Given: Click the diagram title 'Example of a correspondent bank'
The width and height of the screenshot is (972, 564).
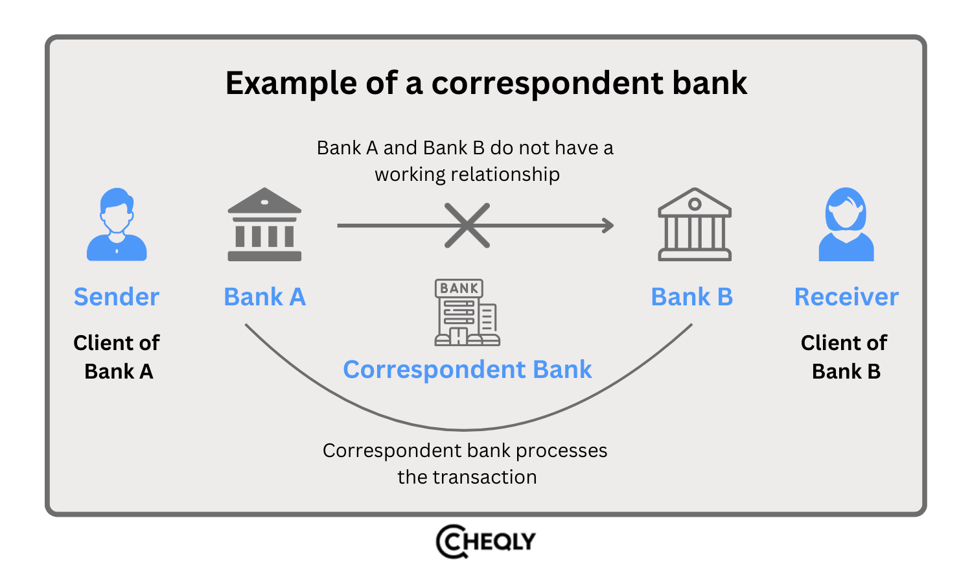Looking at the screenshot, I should (x=486, y=84).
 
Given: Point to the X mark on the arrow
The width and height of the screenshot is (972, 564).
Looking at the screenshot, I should (x=467, y=226).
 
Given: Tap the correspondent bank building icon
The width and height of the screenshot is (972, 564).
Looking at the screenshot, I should (x=467, y=312).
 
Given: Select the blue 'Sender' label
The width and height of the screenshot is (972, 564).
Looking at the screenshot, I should (x=117, y=297).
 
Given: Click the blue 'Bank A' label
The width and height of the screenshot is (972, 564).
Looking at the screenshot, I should (x=264, y=297).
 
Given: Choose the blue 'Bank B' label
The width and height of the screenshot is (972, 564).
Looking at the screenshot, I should (x=691, y=297).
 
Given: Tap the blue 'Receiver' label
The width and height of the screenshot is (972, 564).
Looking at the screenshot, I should (x=846, y=297).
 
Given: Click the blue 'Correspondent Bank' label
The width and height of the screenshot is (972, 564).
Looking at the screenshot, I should (x=467, y=370).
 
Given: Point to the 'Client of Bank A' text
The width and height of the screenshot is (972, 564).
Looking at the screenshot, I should (x=117, y=357).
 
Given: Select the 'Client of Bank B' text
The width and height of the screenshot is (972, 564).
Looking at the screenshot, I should (x=844, y=357).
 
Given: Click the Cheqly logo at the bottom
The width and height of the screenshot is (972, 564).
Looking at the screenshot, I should (x=486, y=541).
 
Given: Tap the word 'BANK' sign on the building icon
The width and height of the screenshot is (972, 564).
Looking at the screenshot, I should (x=459, y=288).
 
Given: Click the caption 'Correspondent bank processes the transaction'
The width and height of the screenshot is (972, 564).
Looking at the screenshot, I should (x=465, y=464).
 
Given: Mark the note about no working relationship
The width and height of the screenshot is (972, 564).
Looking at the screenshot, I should (x=465, y=161).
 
